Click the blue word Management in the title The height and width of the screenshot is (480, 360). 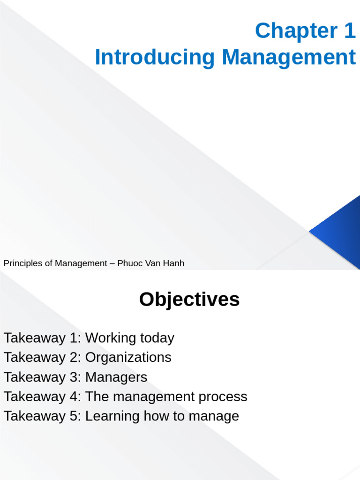point(289,58)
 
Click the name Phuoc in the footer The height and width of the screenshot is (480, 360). point(130,263)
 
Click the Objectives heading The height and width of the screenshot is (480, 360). point(189,300)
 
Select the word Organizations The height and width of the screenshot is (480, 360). point(128,358)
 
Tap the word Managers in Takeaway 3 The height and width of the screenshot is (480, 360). point(116,377)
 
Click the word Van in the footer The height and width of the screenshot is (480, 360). point(151,263)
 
